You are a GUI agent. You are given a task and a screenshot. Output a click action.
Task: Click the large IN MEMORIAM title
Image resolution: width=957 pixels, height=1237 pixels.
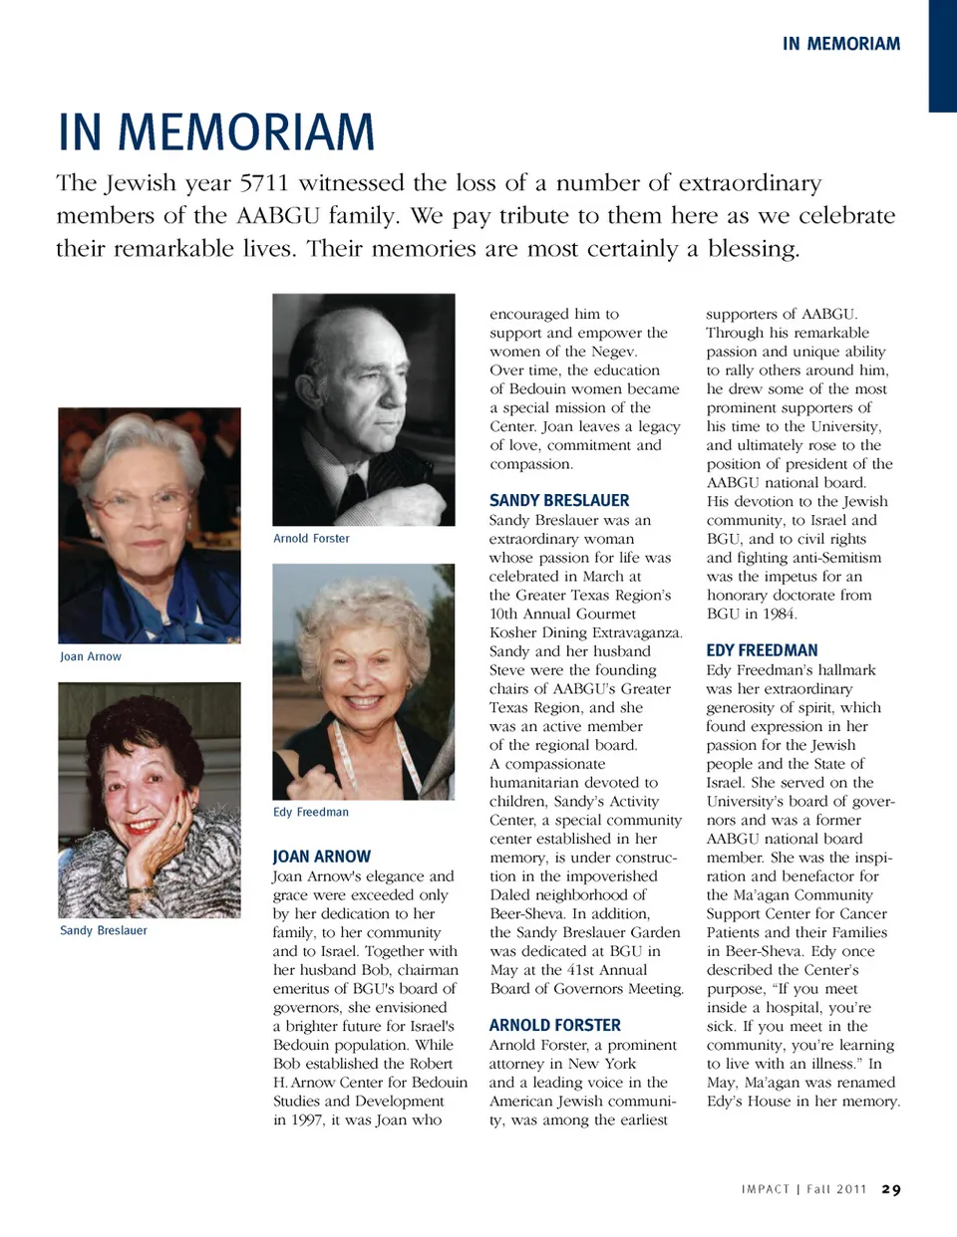(x=216, y=132)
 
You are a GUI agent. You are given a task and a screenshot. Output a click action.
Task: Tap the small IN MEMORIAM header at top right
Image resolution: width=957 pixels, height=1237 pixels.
(x=840, y=44)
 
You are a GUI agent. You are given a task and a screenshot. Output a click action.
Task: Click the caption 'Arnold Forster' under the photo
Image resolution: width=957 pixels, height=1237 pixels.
(x=311, y=539)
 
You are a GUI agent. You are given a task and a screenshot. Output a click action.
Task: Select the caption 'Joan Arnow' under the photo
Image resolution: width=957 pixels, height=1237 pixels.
(x=91, y=657)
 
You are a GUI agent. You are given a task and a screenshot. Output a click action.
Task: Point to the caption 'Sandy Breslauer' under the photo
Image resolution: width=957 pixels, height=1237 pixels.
(x=104, y=931)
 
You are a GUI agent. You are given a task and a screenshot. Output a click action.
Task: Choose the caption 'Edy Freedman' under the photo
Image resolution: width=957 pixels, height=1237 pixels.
(x=311, y=813)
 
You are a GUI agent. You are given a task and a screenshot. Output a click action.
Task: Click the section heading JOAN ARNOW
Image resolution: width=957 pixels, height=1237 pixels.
(x=321, y=857)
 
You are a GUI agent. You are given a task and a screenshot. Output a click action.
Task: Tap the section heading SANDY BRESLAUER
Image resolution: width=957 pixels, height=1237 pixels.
(x=559, y=501)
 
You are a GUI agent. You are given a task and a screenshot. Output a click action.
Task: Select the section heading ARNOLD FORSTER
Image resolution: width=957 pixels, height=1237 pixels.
(x=554, y=1026)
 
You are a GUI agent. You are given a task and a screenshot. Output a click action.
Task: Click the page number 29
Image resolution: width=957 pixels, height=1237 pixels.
(x=891, y=1190)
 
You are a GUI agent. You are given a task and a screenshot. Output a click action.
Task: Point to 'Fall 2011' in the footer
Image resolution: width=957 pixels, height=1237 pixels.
(x=836, y=1190)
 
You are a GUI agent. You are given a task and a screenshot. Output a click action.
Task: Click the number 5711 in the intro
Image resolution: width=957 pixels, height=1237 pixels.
(x=264, y=183)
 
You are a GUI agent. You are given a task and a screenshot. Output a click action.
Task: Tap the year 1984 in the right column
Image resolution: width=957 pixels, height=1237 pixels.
(x=778, y=615)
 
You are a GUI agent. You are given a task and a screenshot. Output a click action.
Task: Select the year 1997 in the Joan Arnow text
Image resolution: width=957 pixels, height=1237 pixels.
(x=307, y=1120)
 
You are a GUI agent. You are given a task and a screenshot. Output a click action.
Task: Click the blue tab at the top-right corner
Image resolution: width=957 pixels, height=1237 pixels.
(x=942, y=55)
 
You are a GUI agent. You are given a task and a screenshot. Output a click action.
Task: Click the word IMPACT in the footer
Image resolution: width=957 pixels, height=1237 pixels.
(x=765, y=1190)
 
